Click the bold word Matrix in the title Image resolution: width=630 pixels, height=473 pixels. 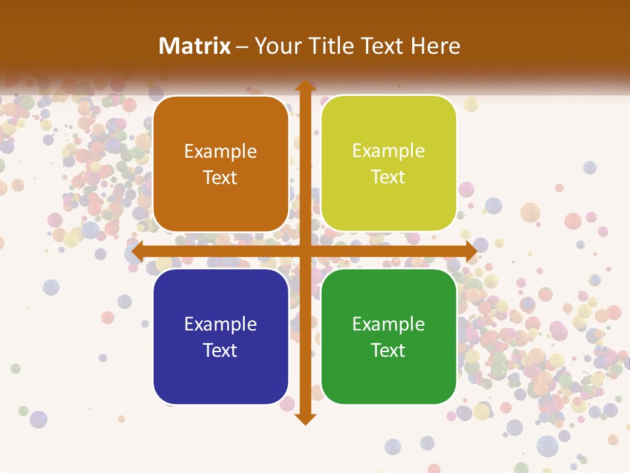point(195,45)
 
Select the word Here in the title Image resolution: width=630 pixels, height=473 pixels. point(436,45)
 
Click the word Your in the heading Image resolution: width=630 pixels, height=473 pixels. point(278,45)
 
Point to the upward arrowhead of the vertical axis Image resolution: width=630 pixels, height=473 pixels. point(304,86)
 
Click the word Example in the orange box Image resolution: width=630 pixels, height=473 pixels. point(220,152)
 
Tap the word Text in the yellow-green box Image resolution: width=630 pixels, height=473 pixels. point(388,177)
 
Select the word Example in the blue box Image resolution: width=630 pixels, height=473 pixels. point(220,324)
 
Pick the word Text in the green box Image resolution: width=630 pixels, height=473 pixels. point(388,350)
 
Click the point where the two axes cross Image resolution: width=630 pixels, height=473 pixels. point(304,252)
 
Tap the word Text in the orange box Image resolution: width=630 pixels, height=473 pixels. point(220,177)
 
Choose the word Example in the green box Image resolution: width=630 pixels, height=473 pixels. point(388,324)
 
